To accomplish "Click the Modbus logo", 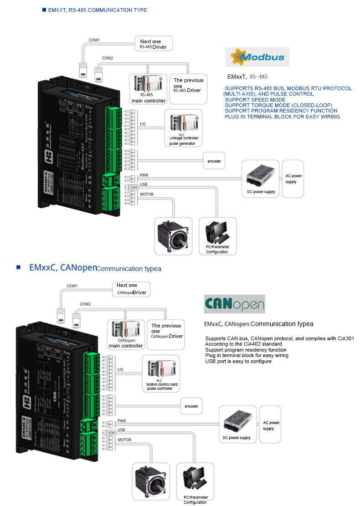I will point(257,57).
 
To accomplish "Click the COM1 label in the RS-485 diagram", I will point(94,40).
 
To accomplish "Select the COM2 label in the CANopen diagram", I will point(85,304).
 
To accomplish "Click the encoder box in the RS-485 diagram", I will point(214,161).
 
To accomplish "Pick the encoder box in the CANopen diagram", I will point(191,406).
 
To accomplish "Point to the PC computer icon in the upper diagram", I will point(217,232).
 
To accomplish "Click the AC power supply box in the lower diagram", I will point(271,425).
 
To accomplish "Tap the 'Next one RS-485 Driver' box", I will point(154,44).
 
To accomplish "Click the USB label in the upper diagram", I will point(143,184).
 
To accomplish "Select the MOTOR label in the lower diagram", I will point(124,440).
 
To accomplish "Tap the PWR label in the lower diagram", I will point(121,420).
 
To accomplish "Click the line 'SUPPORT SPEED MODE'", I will point(255,100).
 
